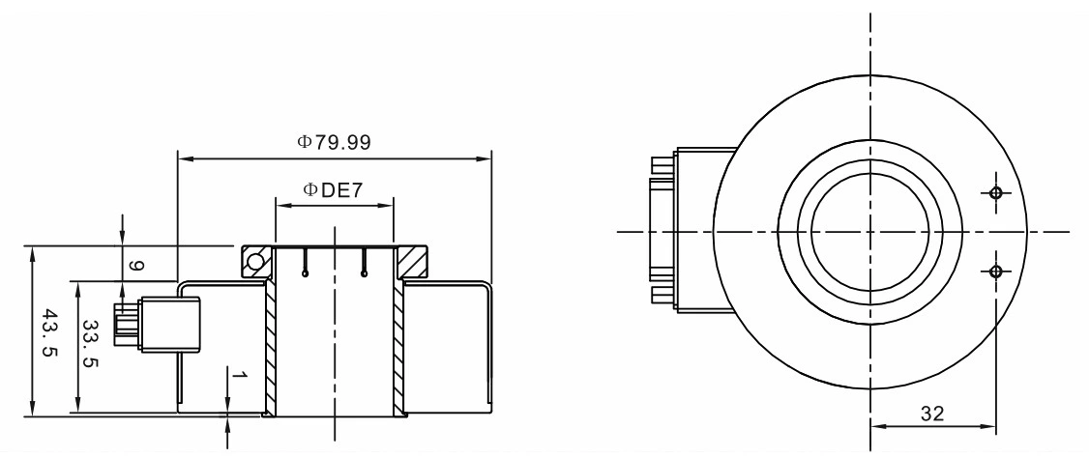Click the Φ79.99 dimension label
(x=334, y=142)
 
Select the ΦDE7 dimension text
(x=334, y=188)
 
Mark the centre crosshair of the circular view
(x=870, y=232)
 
